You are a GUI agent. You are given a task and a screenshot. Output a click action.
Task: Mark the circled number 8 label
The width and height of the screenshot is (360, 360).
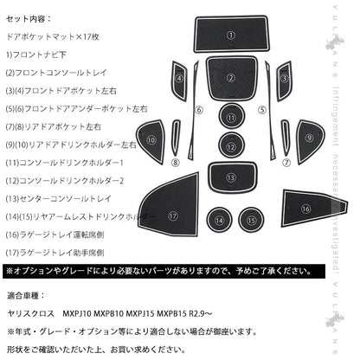click(x=175, y=161)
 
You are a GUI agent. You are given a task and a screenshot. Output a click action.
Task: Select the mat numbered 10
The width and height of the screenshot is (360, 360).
click(x=152, y=139)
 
